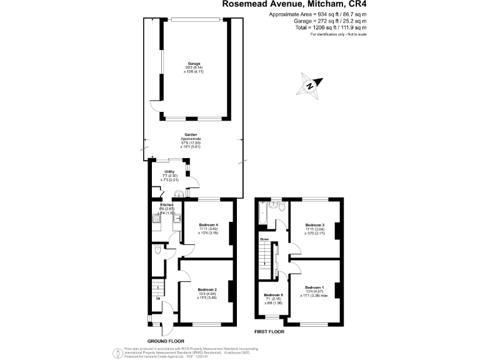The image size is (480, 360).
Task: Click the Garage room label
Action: point(194,64)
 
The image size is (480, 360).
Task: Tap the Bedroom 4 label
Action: point(208,224)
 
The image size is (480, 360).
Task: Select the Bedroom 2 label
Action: point(207,289)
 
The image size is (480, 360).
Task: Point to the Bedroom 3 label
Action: point(314,224)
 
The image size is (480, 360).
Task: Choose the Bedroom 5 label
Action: point(273,295)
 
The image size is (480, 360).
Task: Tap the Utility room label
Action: point(169,171)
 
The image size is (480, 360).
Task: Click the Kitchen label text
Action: point(167,205)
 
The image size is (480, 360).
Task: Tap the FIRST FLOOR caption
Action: point(269,332)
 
